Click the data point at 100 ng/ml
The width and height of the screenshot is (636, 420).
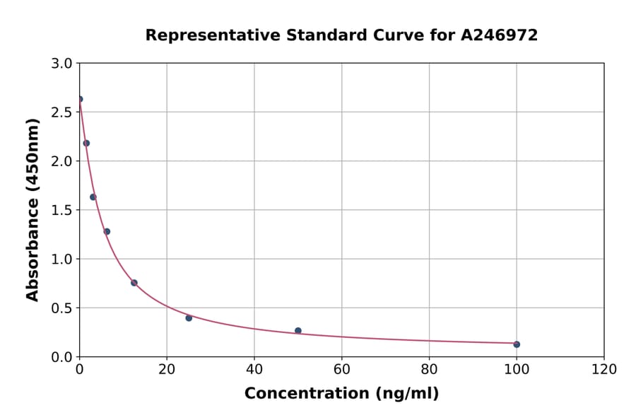coord(517,344)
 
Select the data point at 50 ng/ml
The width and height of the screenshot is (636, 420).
coord(298,331)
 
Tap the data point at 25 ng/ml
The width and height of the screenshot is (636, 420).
coord(189,318)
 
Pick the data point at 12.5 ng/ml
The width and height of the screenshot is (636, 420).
coord(134,283)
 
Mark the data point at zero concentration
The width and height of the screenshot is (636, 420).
coord(80,99)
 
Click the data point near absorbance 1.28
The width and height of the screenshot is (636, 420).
coord(107,231)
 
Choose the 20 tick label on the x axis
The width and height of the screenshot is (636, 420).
coord(167,370)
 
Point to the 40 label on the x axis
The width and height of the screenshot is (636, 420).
coord(254,370)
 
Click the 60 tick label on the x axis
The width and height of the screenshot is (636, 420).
coord(342,370)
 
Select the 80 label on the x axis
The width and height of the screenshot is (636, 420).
coord(429,370)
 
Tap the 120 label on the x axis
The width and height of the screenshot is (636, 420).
coord(604,370)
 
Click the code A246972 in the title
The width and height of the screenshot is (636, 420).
coord(500,35)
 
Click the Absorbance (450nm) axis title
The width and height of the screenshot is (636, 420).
coord(33,209)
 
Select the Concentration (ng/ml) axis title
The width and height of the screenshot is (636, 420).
coord(341,394)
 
